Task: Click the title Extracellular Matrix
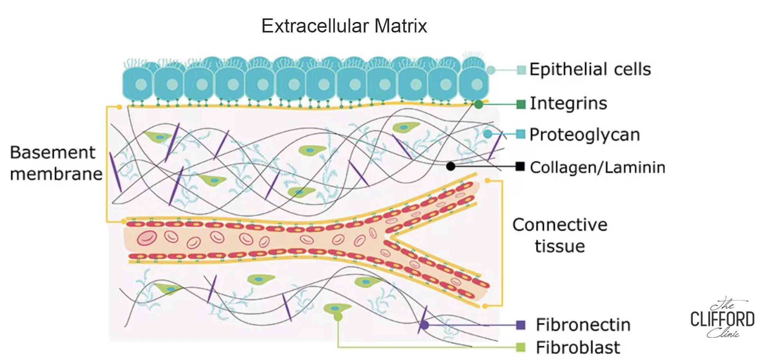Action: [344, 26]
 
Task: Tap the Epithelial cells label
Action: [590, 69]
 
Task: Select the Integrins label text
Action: [568, 104]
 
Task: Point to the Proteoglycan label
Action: [585, 135]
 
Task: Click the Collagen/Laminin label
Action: [598, 167]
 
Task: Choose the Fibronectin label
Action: [583, 325]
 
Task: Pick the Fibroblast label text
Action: [578, 347]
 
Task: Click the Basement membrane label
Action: [56, 163]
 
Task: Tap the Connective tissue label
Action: [560, 236]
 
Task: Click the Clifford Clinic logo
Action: [722, 318]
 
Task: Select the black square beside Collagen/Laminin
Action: [520, 166]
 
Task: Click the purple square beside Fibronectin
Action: [521, 325]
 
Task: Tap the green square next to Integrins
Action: [521, 104]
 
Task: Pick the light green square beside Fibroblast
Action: [521, 347]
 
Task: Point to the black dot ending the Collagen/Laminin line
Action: [451, 166]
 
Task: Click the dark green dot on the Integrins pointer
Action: [478, 104]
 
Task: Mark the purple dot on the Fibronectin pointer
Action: [424, 325]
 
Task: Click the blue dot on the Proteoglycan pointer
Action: [488, 134]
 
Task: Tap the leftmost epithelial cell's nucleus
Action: [141, 84]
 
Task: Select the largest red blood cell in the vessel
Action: [147, 238]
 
